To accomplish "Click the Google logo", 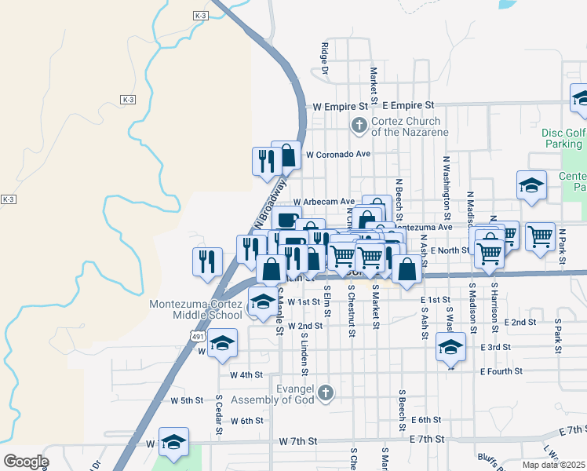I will tap(26, 461).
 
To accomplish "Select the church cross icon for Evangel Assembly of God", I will tap(327, 392).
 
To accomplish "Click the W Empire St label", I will tap(341, 105).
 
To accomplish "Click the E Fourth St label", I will tap(501, 371).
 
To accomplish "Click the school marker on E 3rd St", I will tap(450, 348).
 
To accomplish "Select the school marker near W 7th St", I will tap(174, 442).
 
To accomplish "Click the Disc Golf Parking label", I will tap(563, 138).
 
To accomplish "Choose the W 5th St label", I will tap(187, 400).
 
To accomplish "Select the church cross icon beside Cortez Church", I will tap(359, 125).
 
